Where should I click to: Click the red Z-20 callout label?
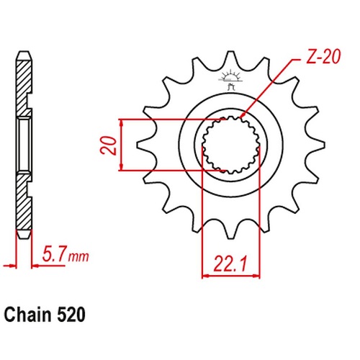pos(323,57)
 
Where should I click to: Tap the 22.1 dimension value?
pos(230,264)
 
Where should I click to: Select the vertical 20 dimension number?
pos(109,145)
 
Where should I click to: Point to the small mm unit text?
pos(78,257)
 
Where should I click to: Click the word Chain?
pos(28,315)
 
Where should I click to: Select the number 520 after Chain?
pos(71,315)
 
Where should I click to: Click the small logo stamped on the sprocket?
pos(230,79)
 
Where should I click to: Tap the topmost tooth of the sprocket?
pos(230,60)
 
